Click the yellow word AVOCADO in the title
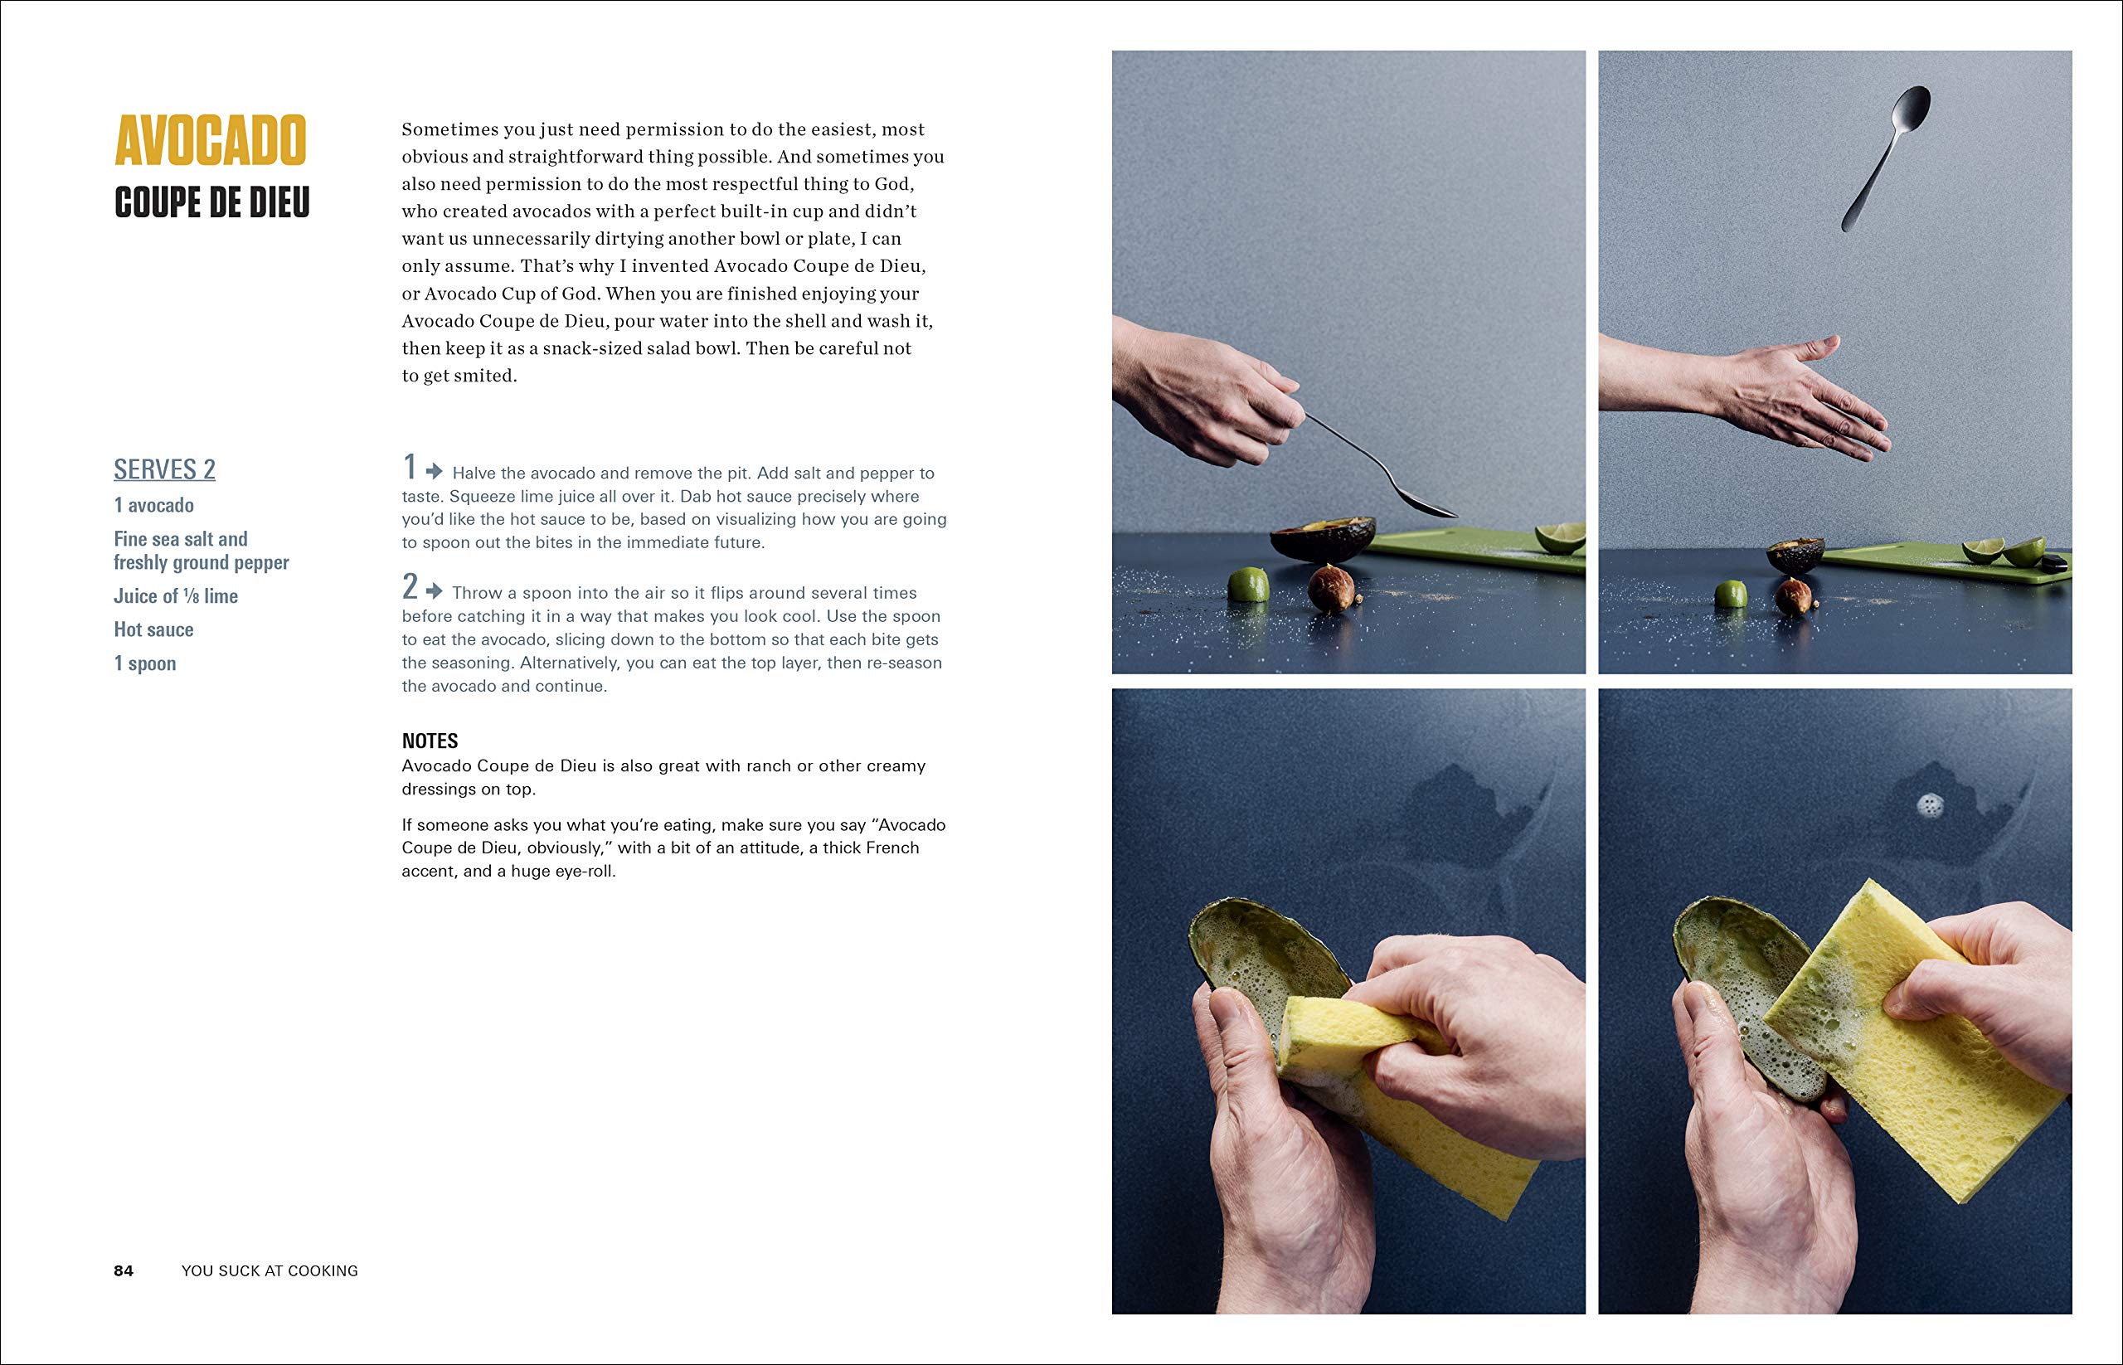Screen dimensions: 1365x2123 coord(210,141)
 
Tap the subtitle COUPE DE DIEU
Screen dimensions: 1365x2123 coord(211,203)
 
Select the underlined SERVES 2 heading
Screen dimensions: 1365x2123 coord(164,469)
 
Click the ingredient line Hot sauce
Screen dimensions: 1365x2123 coord(153,629)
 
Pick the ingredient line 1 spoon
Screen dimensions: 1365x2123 coord(144,663)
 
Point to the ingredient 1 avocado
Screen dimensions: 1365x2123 coord(153,505)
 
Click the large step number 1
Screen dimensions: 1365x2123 coord(409,466)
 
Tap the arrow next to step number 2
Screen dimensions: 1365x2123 coord(435,590)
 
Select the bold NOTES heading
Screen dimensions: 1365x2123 coord(429,741)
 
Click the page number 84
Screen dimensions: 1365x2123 coord(124,1270)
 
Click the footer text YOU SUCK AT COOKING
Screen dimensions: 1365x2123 coord(270,1270)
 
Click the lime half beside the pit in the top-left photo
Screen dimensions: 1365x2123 coord(1248,585)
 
